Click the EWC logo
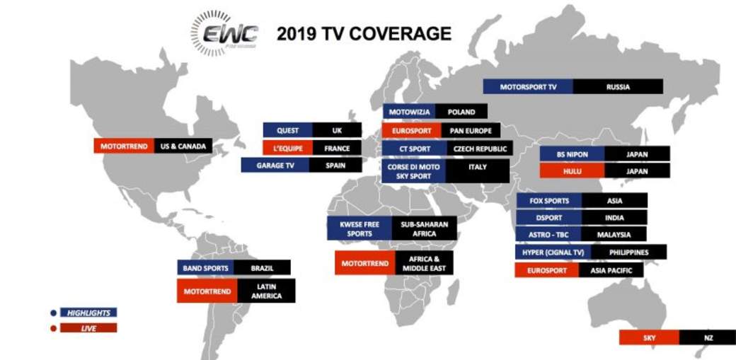[x=225, y=33]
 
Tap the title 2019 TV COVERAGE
[x=364, y=34]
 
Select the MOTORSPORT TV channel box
[x=528, y=87]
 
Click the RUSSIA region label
[x=618, y=87]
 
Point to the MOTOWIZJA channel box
[x=409, y=112]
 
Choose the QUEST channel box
[x=288, y=130]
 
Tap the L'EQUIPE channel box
[x=288, y=148]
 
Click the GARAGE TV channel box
[x=275, y=166]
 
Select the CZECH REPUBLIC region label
[x=480, y=149]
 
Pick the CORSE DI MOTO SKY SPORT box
[x=413, y=171]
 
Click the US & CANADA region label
[x=183, y=146]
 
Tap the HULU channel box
[x=573, y=171]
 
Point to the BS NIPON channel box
[x=573, y=154]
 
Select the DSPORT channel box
[x=548, y=217]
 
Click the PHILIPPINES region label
[x=628, y=252]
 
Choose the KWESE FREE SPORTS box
[x=360, y=228]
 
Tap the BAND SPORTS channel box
[x=206, y=268]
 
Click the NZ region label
[x=708, y=337]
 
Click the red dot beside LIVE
[x=54, y=329]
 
